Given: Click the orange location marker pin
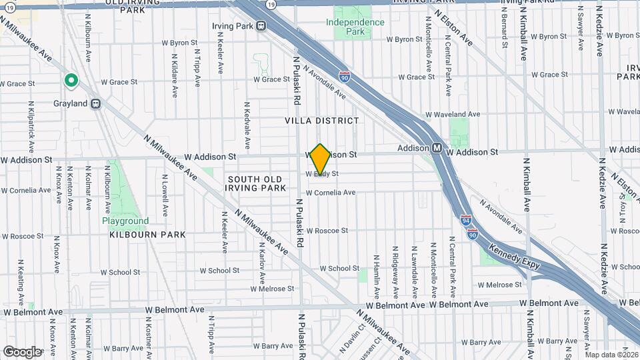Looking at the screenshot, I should tap(321, 159).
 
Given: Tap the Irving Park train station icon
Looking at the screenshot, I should tap(261, 26).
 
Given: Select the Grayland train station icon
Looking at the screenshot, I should tap(96, 104).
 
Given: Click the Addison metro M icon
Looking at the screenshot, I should tap(437, 147).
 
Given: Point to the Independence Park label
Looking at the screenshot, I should tap(355, 27).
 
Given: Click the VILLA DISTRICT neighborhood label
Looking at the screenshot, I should tap(322, 121).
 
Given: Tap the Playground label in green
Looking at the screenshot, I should tap(125, 221).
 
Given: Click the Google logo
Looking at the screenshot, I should tap(22, 351).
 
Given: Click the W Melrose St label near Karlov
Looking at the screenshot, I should tap(272, 289).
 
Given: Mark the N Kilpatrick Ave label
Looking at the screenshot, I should tap(31, 127).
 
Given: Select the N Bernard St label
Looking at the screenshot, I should tap(505, 30).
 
